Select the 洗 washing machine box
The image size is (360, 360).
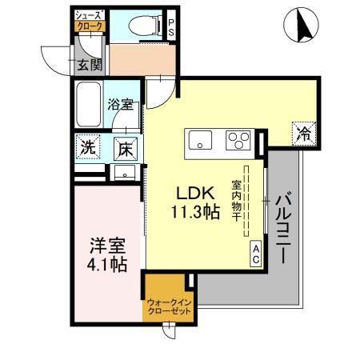[x=88, y=147]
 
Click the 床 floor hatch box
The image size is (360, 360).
[x=125, y=147]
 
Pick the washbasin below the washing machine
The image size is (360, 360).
[x=124, y=172]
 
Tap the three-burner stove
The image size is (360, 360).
[x=238, y=142]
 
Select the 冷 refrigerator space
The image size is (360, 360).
[x=303, y=133]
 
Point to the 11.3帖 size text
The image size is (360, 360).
[x=194, y=213]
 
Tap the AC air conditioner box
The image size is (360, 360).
[x=257, y=254]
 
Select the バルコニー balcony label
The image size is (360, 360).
[x=283, y=229]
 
